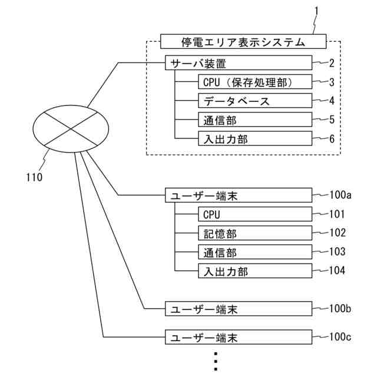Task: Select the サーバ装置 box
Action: click(x=238, y=63)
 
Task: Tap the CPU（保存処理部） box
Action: click(x=253, y=82)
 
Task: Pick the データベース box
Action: click(x=253, y=101)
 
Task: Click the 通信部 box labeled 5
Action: click(x=253, y=120)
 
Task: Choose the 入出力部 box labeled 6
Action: click(x=253, y=138)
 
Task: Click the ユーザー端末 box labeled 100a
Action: click(x=238, y=195)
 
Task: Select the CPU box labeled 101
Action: click(x=253, y=214)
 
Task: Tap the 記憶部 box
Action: click(x=253, y=233)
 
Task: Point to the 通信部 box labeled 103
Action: click(x=253, y=252)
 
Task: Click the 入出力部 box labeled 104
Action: click(x=253, y=271)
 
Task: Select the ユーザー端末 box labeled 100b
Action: click(x=238, y=308)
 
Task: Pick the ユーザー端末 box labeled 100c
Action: click(x=238, y=337)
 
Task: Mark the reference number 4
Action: click(x=332, y=100)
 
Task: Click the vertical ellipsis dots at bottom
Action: click(x=216, y=361)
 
